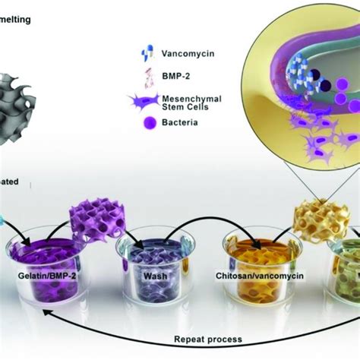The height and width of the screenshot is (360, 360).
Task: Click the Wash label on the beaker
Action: [x=154, y=276]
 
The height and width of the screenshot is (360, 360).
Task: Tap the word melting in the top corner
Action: [x=15, y=20]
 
